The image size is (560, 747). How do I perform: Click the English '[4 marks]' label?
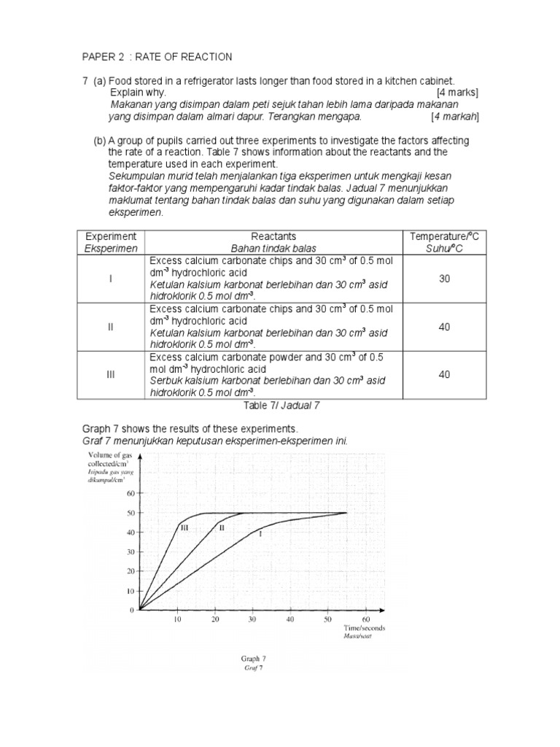coord(457,93)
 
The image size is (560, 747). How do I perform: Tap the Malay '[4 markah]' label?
coord(454,116)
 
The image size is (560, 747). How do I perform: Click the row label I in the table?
coord(111,279)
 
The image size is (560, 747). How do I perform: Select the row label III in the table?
coord(111,374)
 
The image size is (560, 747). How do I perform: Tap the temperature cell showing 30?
coord(444,279)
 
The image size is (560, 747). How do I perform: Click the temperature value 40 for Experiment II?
coord(444,327)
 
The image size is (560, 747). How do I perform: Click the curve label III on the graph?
coord(184,527)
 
